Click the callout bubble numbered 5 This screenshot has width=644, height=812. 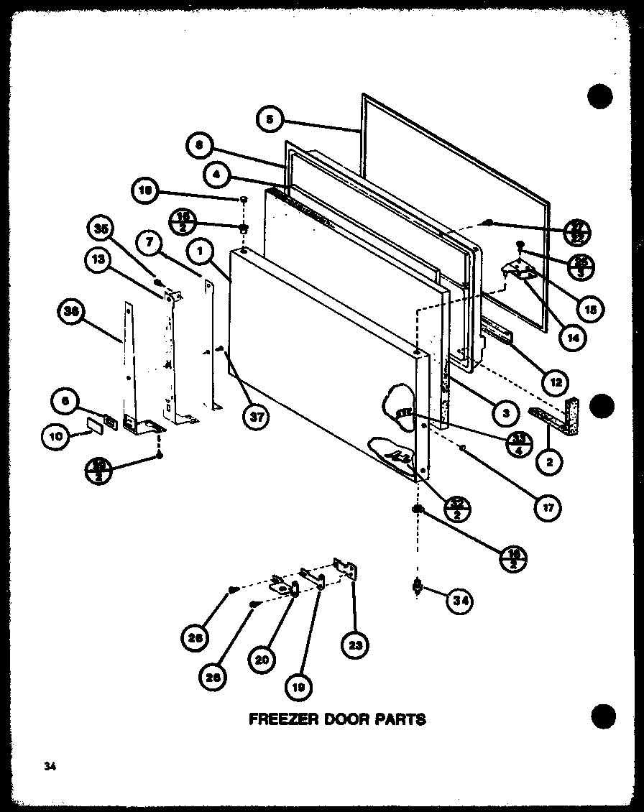(x=268, y=119)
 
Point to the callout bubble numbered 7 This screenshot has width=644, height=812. (x=149, y=244)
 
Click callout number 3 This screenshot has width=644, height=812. (x=506, y=412)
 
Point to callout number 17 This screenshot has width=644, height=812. (x=548, y=506)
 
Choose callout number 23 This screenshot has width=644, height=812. (x=353, y=645)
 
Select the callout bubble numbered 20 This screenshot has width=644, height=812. (x=263, y=660)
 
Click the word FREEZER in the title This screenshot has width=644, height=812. (x=285, y=719)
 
